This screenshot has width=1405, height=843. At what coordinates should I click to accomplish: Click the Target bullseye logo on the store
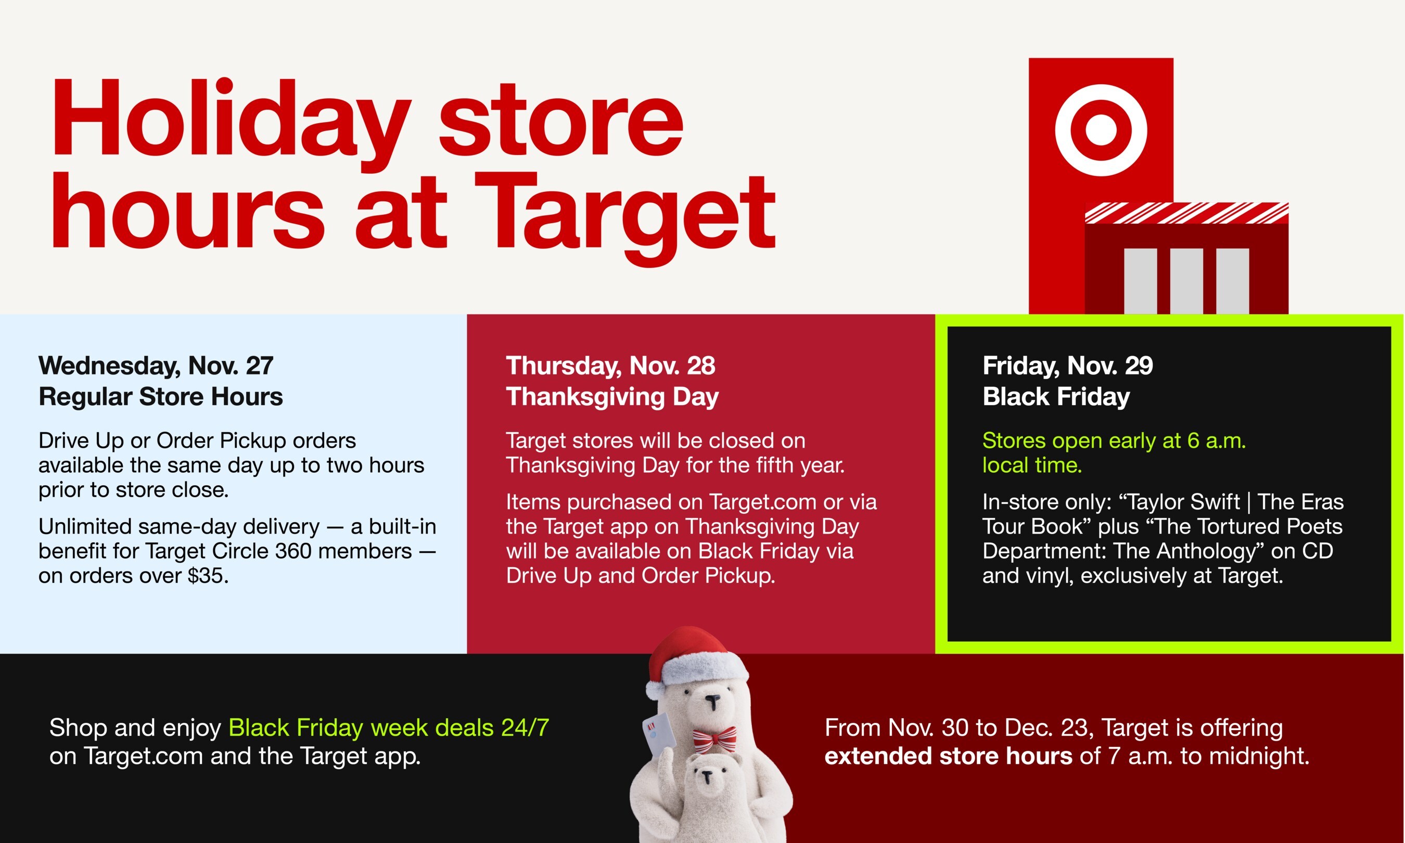(x=1101, y=129)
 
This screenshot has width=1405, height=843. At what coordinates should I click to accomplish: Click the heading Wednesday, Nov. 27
(x=156, y=365)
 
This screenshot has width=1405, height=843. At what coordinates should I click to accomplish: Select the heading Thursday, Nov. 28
(x=610, y=365)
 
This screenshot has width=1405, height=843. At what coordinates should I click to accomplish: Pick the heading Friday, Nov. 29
(x=1067, y=365)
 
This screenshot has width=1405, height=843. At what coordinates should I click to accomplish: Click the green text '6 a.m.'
(x=1216, y=441)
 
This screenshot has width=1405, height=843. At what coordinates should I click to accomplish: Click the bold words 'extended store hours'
(x=948, y=756)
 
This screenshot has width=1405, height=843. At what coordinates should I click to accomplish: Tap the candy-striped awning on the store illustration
(x=1186, y=213)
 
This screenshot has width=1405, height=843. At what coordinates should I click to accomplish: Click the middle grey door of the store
(x=1186, y=281)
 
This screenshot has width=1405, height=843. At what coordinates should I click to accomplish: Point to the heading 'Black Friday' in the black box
(x=1056, y=396)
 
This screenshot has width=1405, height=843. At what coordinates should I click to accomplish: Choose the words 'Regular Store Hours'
(x=160, y=396)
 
